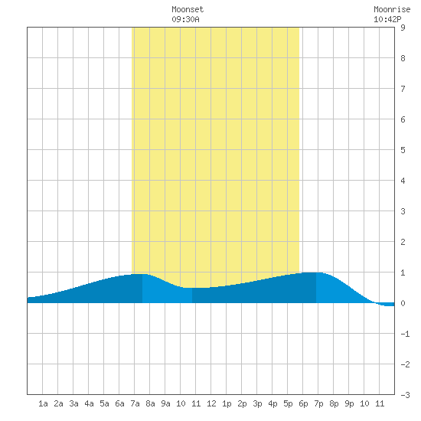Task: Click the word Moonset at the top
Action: [x=188, y=9]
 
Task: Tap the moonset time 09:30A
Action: [x=185, y=19]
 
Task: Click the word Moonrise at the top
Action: [x=392, y=9]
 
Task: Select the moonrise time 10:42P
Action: [x=387, y=19]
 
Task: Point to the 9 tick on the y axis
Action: [x=403, y=28]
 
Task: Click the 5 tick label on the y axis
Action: [x=403, y=150]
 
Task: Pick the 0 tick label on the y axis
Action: [x=403, y=303]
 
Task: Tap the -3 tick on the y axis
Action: [x=405, y=395]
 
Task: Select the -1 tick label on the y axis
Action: [x=405, y=334]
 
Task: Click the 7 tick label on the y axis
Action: [x=403, y=89]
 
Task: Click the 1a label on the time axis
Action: [x=43, y=403]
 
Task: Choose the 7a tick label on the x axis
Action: [x=135, y=403]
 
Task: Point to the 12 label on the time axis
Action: [x=211, y=403]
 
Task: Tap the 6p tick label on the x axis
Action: [x=303, y=403]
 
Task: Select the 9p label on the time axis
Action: [x=349, y=403]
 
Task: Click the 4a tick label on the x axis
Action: [x=89, y=403]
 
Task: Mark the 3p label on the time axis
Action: [x=257, y=403]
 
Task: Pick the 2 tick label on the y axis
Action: [x=403, y=242]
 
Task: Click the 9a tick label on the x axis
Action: [x=165, y=403]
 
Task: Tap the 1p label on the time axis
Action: [x=227, y=403]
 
